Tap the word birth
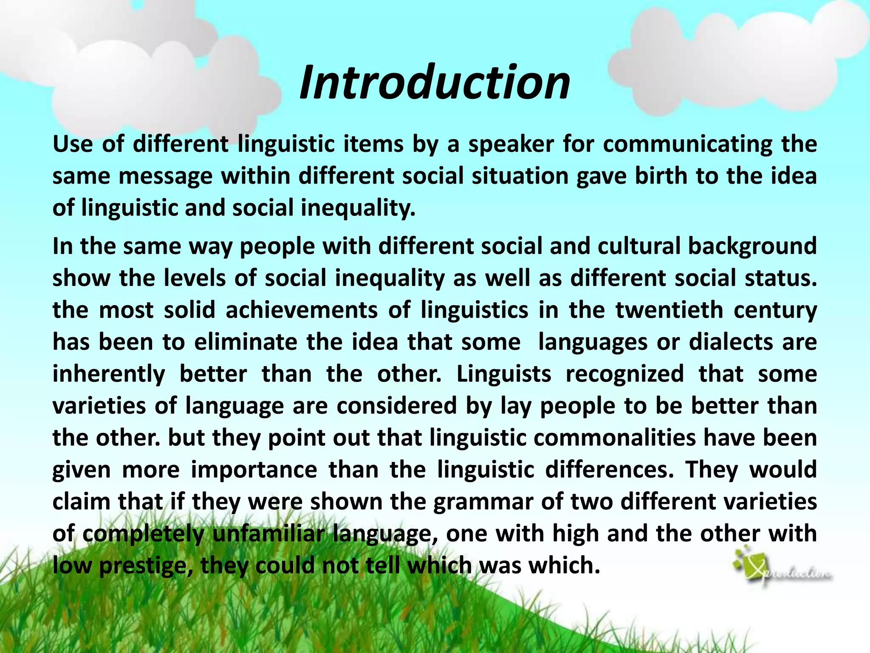coord(661,176)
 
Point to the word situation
coord(520,176)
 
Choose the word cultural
coord(639,246)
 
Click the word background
coord(752,247)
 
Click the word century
coord(775,311)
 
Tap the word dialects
coord(731,342)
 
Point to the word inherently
coord(109,375)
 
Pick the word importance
coord(254,470)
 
